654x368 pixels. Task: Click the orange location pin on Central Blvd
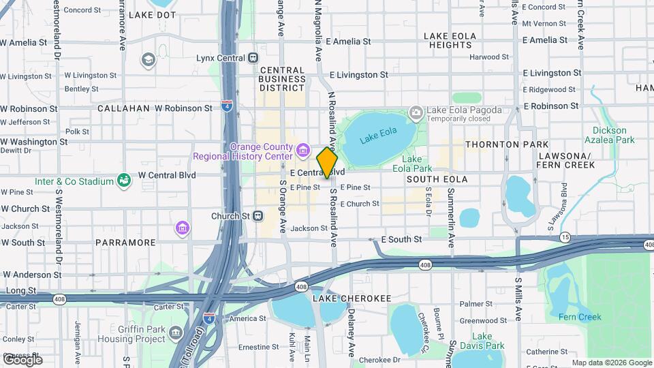point(327,162)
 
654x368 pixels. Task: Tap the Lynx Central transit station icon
point(253,58)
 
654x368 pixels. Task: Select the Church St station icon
point(258,216)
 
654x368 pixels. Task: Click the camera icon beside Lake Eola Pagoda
point(416,112)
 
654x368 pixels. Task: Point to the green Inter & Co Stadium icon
point(124,181)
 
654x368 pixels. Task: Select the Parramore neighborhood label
point(126,242)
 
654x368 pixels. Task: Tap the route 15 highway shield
point(565,237)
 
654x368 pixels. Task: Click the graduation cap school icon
point(148,60)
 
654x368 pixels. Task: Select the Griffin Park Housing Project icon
point(176,333)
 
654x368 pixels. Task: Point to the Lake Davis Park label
point(482,341)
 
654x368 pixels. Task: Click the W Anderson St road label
point(31,275)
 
